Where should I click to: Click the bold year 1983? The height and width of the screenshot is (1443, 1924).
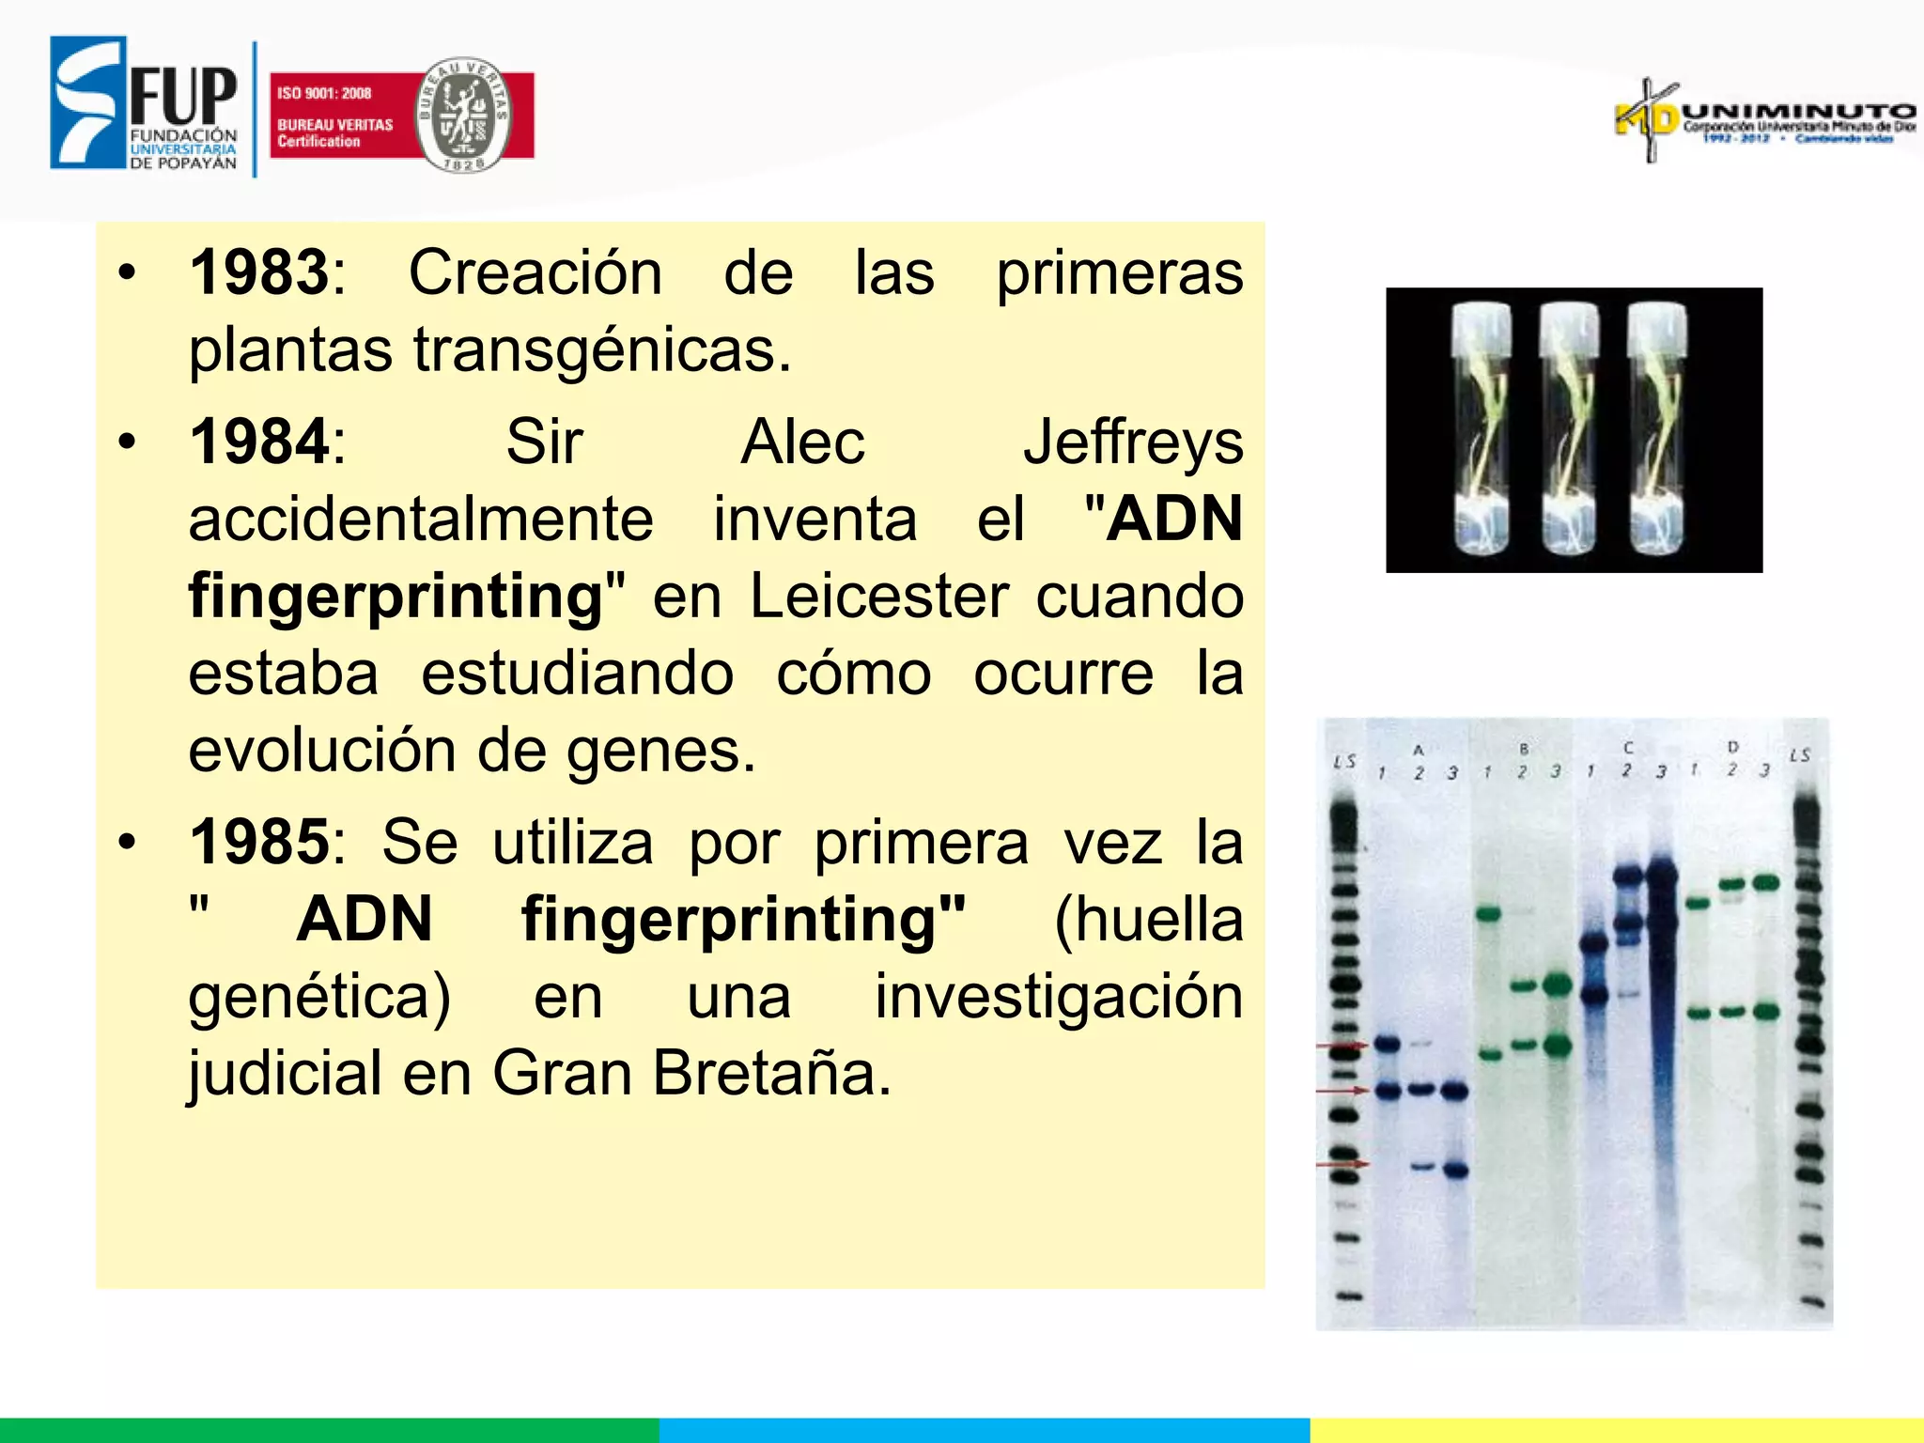click(x=258, y=273)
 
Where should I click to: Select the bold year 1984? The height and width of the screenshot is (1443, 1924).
click(x=258, y=442)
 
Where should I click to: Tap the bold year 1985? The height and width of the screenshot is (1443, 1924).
click(x=258, y=842)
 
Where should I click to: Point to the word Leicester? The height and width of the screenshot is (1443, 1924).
click(x=878, y=597)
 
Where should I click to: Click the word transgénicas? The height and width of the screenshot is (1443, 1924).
click(x=601, y=351)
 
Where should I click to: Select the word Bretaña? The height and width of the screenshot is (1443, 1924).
click(x=770, y=1073)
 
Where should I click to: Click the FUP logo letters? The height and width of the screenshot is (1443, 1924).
click(x=183, y=95)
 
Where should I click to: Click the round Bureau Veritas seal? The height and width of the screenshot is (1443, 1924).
click(x=463, y=115)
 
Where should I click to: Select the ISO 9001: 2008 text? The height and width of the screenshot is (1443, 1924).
click(x=324, y=93)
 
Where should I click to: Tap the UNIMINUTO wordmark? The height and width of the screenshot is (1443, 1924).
click(x=1799, y=112)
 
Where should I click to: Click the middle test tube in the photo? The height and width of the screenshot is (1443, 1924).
click(x=1568, y=430)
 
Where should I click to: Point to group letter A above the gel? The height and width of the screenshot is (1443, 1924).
click(x=1419, y=750)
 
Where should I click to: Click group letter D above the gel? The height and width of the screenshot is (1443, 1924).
click(x=1732, y=747)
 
